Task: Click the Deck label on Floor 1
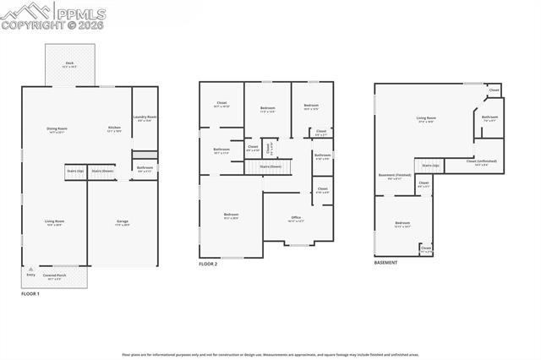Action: click(69, 64)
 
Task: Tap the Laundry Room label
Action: click(145, 117)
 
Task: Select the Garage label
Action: click(123, 221)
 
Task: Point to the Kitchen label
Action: click(114, 128)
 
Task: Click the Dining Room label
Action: click(57, 128)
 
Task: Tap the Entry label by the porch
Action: click(31, 275)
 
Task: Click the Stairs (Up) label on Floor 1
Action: click(74, 171)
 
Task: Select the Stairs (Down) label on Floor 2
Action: click(269, 166)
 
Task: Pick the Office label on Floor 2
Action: click(296, 218)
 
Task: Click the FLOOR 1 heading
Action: click(30, 293)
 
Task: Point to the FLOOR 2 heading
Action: click(208, 265)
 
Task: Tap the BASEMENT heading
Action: click(385, 262)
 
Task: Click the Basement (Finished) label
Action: click(394, 176)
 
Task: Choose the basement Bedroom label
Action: click(402, 223)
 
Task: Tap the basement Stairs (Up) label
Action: click(431, 165)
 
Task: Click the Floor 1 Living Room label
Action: click(55, 221)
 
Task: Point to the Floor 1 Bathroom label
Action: click(145, 168)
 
